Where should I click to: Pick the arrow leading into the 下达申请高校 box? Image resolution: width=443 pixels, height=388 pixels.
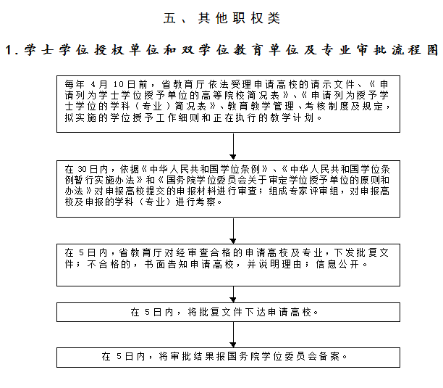pyautogui.click(x=233, y=294)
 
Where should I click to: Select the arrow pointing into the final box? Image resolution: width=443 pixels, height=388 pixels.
pyautogui.click(x=233, y=335)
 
